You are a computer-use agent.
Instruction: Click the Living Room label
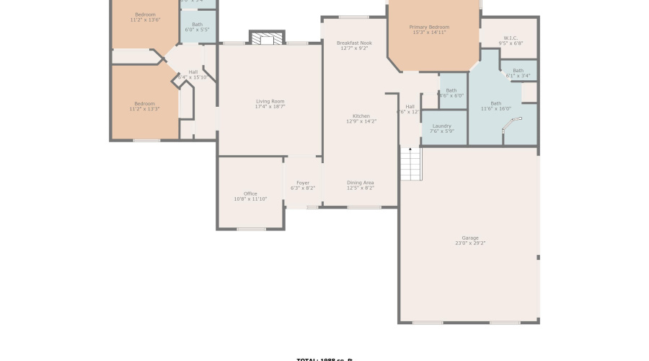pos(270,101)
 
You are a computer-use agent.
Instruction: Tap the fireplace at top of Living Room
pos(267,38)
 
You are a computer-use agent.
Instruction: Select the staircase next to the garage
pos(410,164)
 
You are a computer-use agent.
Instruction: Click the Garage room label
pos(469,238)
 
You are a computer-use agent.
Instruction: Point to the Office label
pos(250,193)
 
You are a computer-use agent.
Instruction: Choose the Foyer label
pos(303,183)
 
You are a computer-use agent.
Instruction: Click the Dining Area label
pos(360,183)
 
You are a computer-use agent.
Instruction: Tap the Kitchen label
pos(361,116)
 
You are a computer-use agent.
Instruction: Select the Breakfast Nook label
pos(354,43)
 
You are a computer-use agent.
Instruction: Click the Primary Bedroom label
pos(429,27)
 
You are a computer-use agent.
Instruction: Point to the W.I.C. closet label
pos(510,38)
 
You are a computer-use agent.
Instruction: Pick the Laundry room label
pos(441,126)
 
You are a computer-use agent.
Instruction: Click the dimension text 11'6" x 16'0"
pos(496,109)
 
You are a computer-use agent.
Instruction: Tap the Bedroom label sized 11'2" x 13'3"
pos(144,103)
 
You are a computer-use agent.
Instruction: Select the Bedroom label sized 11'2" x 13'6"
pos(144,14)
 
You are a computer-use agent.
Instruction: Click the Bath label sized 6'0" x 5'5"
pos(197,25)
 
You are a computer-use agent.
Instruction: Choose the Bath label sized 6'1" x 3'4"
pos(518,70)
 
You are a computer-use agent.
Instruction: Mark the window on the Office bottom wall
pos(251,229)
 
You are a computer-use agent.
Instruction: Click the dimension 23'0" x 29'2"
pos(469,243)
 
